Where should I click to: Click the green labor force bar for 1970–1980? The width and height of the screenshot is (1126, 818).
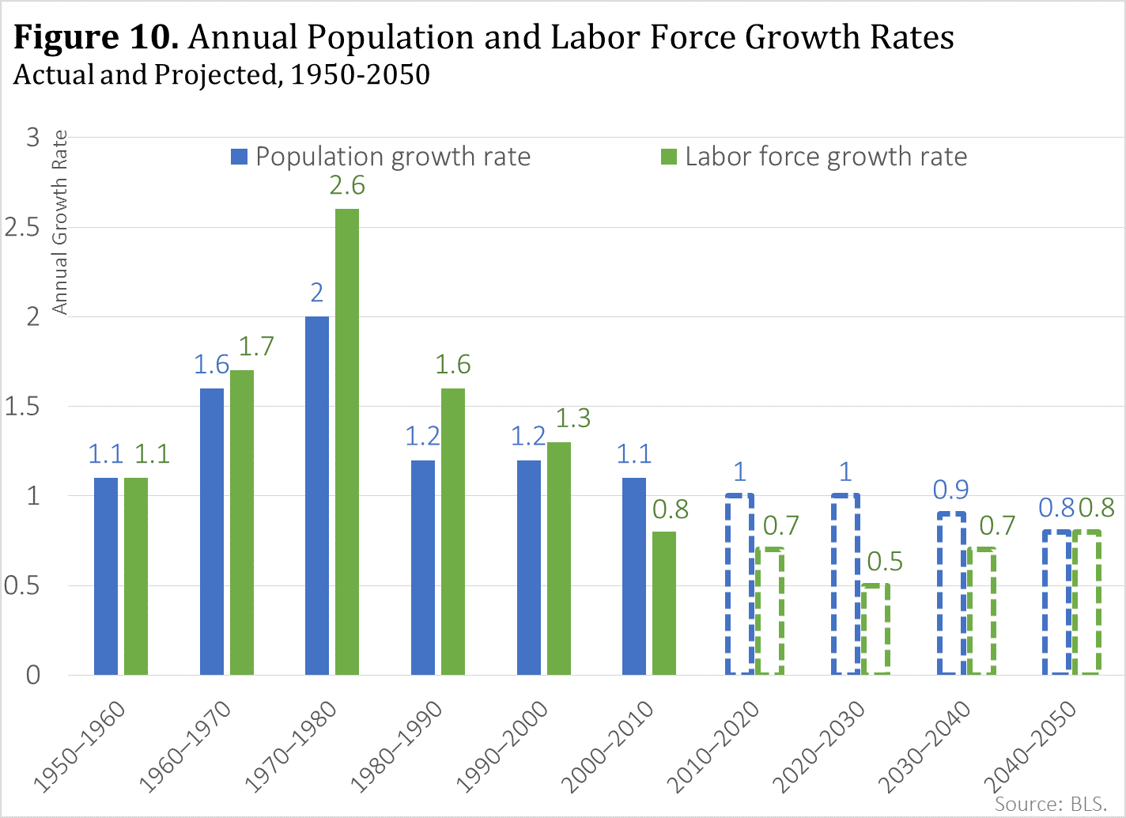(347, 441)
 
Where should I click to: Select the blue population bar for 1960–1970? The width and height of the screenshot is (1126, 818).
(212, 532)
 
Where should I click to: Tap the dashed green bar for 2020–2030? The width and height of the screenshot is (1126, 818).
(875, 629)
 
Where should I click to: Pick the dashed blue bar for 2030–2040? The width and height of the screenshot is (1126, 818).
(951, 593)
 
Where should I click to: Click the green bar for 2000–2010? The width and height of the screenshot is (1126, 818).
(664, 603)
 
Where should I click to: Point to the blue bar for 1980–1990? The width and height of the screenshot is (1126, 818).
(423, 567)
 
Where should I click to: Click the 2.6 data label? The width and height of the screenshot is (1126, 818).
(347, 186)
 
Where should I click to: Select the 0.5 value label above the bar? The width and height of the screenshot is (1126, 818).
(884, 562)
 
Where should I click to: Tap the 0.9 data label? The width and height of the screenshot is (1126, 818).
(950, 490)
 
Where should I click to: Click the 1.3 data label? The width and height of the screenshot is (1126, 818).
(572, 418)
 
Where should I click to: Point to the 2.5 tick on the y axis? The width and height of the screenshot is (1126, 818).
(22, 227)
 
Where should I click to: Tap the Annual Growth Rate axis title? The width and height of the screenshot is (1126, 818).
(60, 222)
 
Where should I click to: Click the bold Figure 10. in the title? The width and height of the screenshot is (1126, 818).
(96, 37)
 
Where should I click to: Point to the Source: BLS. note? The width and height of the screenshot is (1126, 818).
(1050, 804)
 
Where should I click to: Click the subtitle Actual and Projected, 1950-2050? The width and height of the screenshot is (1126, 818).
(221, 74)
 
